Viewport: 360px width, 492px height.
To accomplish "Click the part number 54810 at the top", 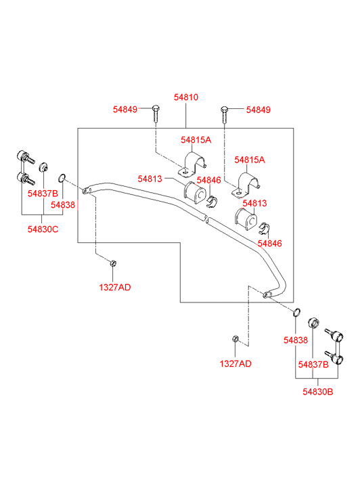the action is point(186,97).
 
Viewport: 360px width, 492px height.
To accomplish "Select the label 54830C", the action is point(43,229).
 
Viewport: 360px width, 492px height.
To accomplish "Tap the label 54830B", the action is point(317,392).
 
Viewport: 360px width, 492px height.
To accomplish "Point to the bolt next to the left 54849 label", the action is point(156,114).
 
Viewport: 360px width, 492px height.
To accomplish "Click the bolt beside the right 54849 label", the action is point(224,115).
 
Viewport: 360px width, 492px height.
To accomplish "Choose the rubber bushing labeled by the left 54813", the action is point(194,193).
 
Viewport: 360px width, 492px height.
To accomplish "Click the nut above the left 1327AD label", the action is point(114,263).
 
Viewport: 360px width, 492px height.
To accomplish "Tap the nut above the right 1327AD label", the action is point(235,339).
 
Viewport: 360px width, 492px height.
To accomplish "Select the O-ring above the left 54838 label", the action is point(62,178).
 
